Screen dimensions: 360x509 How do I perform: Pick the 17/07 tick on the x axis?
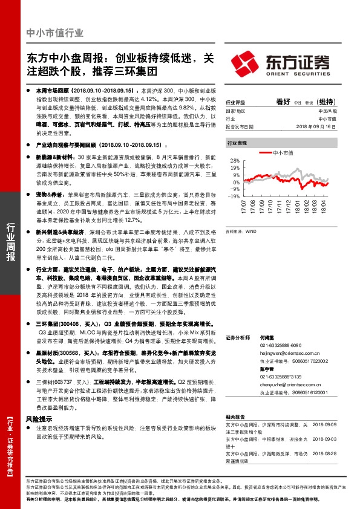pyautogui.click(x=246, y=208)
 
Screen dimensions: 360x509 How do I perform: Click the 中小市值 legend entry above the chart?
pyautogui.click(x=283, y=154)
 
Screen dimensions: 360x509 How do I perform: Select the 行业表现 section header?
pyautogui.click(x=237, y=144)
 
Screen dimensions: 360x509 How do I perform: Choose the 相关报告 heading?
pyautogui.click(x=234, y=417)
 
